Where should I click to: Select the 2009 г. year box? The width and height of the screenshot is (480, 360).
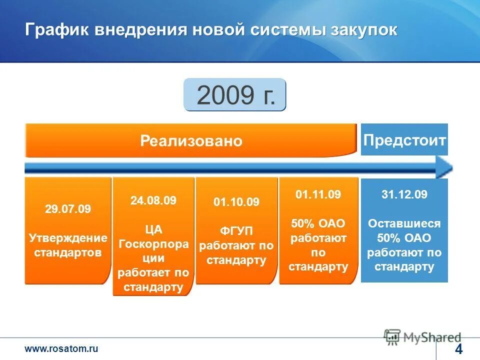(235, 95)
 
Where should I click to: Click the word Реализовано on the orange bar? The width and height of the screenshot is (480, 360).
(191, 141)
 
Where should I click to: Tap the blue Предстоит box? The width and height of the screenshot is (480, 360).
(404, 140)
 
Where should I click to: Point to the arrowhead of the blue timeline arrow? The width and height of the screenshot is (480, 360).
(444, 167)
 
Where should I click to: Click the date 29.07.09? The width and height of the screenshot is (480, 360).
(68, 209)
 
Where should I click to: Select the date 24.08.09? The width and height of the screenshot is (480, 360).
(153, 201)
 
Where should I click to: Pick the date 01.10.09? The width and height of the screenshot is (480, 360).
(236, 202)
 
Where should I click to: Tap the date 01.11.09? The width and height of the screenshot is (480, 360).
(318, 195)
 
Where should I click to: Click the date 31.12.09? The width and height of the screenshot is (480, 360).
(404, 195)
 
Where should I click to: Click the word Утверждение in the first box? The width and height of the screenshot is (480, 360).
(68, 237)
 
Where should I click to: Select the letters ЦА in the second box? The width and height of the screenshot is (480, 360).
(153, 229)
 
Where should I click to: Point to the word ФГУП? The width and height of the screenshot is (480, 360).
(236, 230)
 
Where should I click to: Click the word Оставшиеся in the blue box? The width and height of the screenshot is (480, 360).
(404, 223)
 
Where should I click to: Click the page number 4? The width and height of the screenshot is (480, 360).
(458, 348)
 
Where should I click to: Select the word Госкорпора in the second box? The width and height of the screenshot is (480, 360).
(153, 244)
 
